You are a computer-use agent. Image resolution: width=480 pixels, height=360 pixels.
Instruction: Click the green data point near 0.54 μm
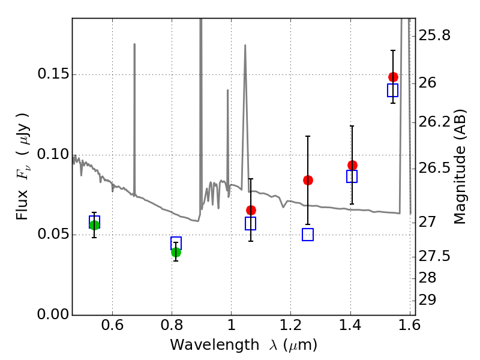coord(94,225)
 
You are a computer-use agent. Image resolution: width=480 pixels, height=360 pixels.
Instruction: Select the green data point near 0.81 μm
coord(176,252)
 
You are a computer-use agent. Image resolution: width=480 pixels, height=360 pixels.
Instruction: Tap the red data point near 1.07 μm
coord(251,210)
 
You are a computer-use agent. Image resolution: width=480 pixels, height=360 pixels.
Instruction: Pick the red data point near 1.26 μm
coord(308,180)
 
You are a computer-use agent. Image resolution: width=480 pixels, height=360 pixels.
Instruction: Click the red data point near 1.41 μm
coord(352,165)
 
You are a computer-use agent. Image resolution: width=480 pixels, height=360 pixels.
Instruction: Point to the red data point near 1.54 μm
coord(393,77)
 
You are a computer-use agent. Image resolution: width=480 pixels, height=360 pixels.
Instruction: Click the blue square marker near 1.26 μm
coord(308,235)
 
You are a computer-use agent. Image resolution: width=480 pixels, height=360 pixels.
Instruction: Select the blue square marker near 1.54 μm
coord(393,90)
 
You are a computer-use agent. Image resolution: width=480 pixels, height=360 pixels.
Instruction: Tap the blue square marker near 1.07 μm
coord(251,223)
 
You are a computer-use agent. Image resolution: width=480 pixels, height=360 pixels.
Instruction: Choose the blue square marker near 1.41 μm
coord(352,176)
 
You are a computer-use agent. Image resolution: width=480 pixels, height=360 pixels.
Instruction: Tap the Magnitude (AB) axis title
coord(460,166)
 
